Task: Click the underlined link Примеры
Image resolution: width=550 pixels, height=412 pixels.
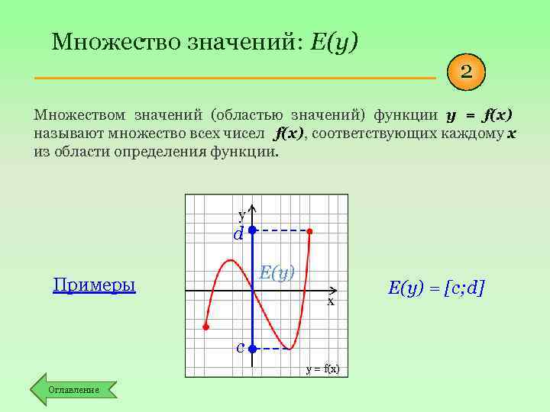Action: click(94, 285)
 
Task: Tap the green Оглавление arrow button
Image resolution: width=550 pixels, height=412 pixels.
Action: click(73, 389)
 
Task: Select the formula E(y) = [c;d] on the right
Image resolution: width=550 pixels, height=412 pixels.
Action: click(436, 288)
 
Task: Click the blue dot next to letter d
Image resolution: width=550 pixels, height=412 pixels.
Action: click(252, 230)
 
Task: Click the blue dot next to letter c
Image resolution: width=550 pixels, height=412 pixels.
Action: click(252, 349)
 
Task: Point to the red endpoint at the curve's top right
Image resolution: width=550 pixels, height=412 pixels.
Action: click(309, 230)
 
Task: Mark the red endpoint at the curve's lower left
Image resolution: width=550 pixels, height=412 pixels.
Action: click(205, 327)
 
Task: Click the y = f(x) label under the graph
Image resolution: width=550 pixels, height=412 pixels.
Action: click(322, 369)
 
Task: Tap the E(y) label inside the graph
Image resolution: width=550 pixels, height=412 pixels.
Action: click(277, 272)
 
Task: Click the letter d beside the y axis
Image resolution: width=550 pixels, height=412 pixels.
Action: click(238, 234)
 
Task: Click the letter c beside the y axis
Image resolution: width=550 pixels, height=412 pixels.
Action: click(240, 348)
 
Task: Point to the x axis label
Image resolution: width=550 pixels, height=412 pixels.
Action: click(331, 301)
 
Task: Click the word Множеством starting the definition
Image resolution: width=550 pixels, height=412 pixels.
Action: click(79, 115)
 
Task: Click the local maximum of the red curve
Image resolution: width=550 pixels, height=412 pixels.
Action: click(228, 261)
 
